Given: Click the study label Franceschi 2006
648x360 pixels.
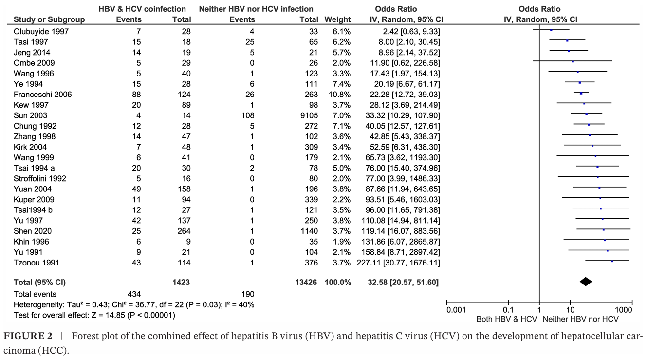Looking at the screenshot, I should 42,95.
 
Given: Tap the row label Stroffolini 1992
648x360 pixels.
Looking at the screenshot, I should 40,178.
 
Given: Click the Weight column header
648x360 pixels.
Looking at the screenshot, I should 337,20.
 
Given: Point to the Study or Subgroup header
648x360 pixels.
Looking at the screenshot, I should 49,20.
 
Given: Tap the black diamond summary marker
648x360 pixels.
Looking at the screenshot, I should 586,281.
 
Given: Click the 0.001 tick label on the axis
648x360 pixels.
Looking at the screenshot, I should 456,309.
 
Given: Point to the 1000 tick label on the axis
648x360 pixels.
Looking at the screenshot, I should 624,309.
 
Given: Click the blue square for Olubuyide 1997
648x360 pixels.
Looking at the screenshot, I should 551,30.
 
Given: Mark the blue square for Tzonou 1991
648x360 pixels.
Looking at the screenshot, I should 612,262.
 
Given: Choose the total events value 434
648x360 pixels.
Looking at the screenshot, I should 132,294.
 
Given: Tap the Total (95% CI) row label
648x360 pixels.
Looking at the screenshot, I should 39,282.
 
